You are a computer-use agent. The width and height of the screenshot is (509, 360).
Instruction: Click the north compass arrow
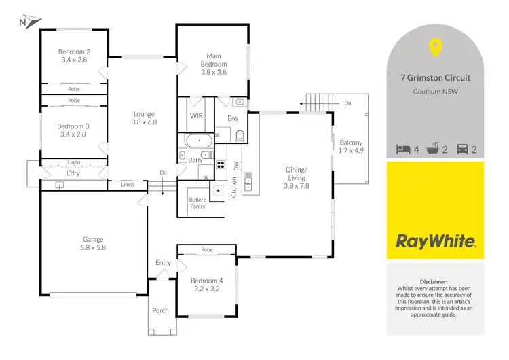click(x=24, y=22)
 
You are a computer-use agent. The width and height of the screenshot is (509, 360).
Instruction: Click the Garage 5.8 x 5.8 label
click(x=93, y=243)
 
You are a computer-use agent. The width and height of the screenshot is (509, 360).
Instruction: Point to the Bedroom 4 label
click(x=206, y=285)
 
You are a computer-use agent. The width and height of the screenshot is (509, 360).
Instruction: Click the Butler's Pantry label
click(x=197, y=203)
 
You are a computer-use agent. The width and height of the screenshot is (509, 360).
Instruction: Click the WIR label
click(x=197, y=116)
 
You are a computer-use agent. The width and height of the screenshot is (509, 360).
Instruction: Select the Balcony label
click(x=351, y=146)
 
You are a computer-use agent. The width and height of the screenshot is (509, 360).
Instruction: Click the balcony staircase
click(x=316, y=103)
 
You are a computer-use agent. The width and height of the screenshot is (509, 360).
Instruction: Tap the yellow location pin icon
click(x=435, y=48)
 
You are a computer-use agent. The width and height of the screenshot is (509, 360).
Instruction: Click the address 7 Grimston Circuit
click(x=435, y=78)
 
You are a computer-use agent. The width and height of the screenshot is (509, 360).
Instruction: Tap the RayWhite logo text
click(x=435, y=240)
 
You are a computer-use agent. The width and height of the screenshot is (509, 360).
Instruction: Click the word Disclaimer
click(x=435, y=281)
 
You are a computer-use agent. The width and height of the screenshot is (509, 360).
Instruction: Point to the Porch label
click(x=160, y=310)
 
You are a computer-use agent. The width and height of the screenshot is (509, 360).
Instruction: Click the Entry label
click(x=164, y=262)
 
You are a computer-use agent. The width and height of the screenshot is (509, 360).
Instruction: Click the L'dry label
click(x=73, y=173)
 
